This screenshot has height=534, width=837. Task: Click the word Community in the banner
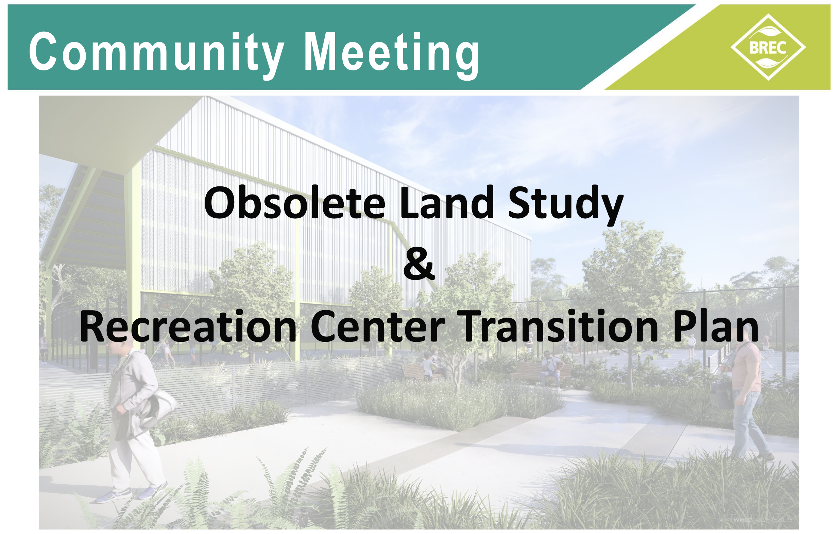[156, 52]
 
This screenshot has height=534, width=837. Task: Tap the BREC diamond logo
[768, 47]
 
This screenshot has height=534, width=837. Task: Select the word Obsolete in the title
[295, 203]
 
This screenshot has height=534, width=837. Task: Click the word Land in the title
[447, 203]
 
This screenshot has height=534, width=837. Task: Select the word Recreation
[188, 327]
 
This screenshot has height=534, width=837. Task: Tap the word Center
[377, 327]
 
